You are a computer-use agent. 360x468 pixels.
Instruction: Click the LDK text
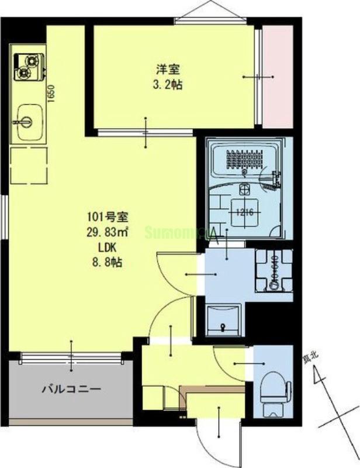click(x=105, y=247)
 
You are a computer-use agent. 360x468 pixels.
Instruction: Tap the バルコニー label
click(x=71, y=389)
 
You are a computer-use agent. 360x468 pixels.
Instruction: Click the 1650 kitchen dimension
click(x=51, y=94)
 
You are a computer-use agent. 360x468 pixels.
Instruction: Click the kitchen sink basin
click(x=29, y=121)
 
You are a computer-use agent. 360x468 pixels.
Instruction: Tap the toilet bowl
click(x=273, y=388)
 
